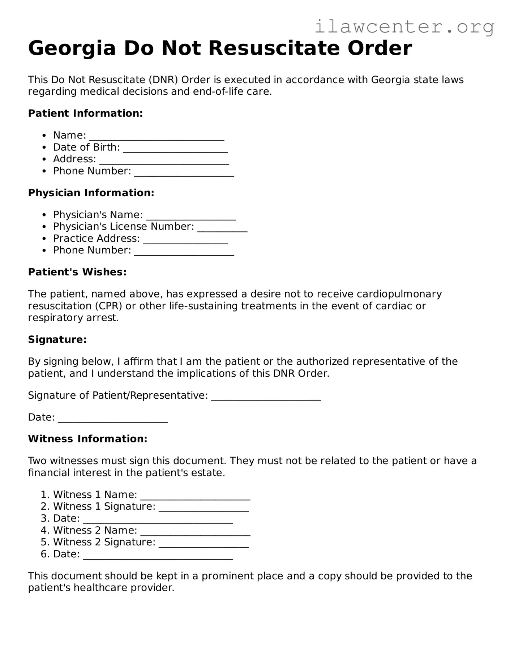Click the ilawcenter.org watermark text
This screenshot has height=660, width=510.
tap(404, 26)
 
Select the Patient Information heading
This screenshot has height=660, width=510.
tap(85, 113)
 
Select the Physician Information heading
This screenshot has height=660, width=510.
tap(91, 193)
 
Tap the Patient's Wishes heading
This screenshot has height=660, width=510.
tap(77, 272)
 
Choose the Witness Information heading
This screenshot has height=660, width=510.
tap(87, 439)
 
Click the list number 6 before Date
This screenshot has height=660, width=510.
tap(44, 554)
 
